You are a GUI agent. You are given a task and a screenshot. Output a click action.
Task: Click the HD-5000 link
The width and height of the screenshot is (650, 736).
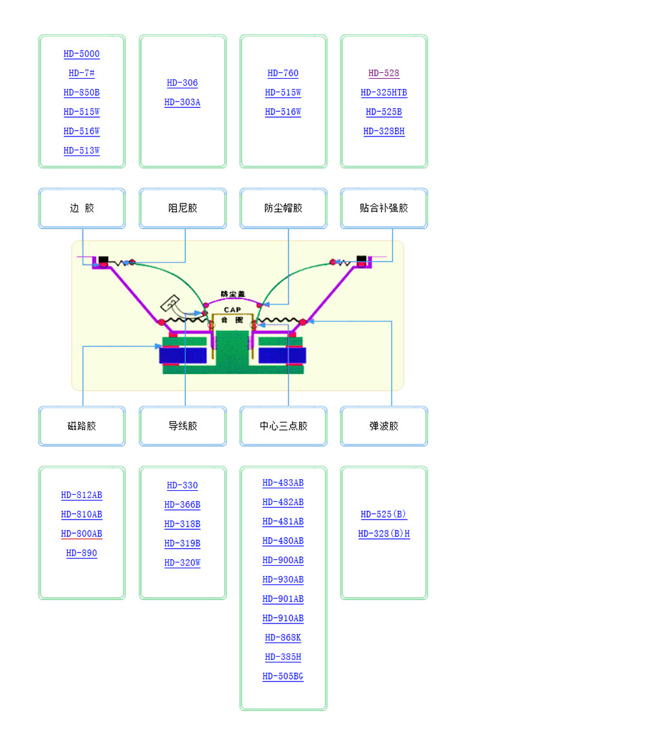point(82,54)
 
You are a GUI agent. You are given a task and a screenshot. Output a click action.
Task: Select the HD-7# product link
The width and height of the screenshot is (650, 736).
point(82,73)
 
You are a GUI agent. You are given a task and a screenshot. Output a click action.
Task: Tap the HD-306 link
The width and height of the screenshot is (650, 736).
point(183,83)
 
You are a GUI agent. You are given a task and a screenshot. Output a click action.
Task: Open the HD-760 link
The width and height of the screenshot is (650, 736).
point(283,73)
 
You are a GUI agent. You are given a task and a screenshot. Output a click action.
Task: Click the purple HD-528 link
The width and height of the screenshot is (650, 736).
point(384,73)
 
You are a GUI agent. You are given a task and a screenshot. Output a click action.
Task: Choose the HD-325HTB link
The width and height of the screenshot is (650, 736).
point(384,93)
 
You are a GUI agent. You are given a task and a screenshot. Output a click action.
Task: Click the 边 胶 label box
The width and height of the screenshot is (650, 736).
point(82,208)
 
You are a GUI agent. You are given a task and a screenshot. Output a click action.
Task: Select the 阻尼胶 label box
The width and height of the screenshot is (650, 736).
point(183,208)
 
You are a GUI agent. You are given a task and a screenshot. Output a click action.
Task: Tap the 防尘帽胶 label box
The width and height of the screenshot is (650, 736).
point(283,208)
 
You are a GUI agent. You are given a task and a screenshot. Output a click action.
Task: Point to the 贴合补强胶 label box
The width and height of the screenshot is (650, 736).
point(384,208)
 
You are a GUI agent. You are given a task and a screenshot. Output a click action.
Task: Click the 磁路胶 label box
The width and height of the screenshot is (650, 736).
point(82,426)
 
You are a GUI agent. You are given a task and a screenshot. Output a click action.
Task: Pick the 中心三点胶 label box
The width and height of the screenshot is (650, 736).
point(283,426)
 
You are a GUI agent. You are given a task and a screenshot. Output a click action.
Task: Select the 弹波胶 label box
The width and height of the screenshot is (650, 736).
point(384,426)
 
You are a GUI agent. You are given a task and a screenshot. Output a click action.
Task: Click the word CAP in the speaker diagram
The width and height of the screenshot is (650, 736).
point(232,310)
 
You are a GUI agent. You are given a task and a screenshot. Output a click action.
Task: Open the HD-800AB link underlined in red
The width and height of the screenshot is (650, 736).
point(82,534)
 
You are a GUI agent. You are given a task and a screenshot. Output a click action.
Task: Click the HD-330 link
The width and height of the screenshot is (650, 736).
point(183,486)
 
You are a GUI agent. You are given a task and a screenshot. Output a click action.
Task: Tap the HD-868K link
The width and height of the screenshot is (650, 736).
point(283,638)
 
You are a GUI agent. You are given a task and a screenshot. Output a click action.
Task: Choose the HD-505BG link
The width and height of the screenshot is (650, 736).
point(283,677)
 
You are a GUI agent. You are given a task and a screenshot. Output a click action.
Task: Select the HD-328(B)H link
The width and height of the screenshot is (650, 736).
point(384,534)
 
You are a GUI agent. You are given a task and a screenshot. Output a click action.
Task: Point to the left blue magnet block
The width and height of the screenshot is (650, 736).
point(183,356)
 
